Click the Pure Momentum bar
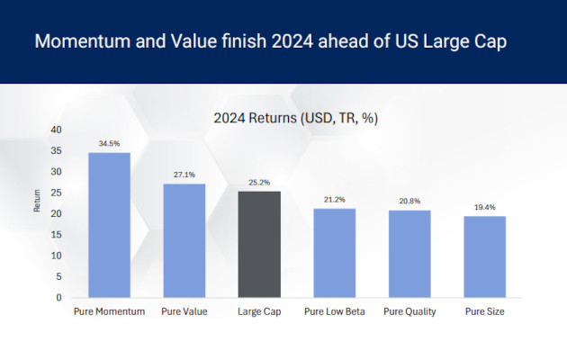pyautogui.click(x=109, y=225)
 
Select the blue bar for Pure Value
pyautogui.click(x=184, y=240)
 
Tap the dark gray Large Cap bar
pyautogui.click(x=259, y=244)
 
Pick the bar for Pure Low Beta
pyautogui.click(x=335, y=253)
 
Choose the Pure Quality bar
pyautogui.click(x=409, y=254)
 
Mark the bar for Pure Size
pyautogui.click(x=485, y=256)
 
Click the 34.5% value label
pyautogui.click(x=109, y=144)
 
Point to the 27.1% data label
pyautogui.click(x=184, y=175)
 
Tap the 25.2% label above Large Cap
pyautogui.click(x=259, y=183)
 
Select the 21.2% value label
pyautogui.click(x=335, y=200)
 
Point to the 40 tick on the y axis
pyautogui.click(x=56, y=130)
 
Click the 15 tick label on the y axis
pyautogui.click(x=56, y=235)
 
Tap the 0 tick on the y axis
pyautogui.click(x=58, y=298)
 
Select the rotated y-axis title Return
pyautogui.click(x=37, y=202)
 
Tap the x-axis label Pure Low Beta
pyautogui.click(x=334, y=312)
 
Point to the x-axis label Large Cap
pyautogui.click(x=259, y=312)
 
